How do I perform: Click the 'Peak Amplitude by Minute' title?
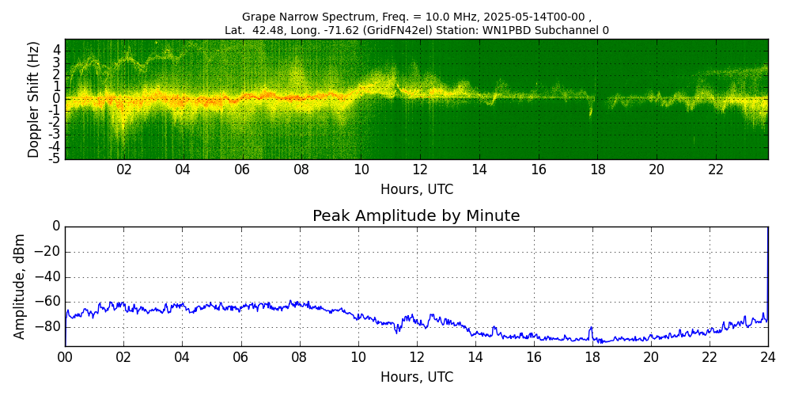pyautogui.click(x=416, y=216)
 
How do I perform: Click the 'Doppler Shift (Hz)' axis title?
pyautogui.click(x=34, y=99)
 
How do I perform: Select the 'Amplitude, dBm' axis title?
pyautogui.click(x=20, y=286)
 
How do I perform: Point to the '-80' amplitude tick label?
pyautogui.click(x=45, y=326)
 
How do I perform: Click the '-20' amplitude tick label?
pyautogui.click(x=45, y=252)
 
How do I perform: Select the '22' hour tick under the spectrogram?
pyautogui.click(x=716, y=170)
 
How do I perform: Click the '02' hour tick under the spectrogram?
pyautogui.click(x=124, y=170)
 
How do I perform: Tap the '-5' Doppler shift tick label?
pyautogui.click(x=55, y=158)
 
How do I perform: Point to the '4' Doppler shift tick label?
pyautogui.click(x=57, y=49)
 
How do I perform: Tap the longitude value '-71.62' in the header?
pyautogui.click(x=360, y=30)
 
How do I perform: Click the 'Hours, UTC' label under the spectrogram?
pyautogui.click(x=416, y=189)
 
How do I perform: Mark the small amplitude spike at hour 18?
pyautogui.click(x=591, y=328)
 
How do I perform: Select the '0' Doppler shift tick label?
pyautogui.click(x=57, y=99)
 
